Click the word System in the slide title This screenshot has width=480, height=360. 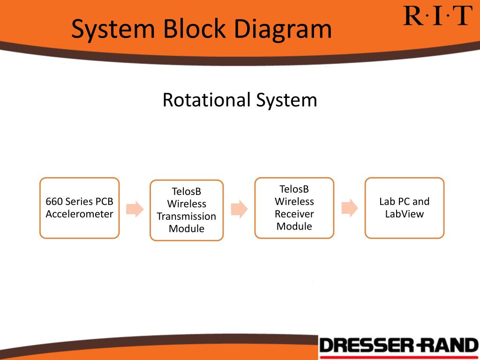coord(113,29)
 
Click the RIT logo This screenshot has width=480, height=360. coord(438,15)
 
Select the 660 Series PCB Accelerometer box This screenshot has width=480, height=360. coord(80,208)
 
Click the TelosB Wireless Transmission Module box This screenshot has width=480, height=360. coord(187,210)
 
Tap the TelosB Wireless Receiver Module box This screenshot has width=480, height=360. coord(294,208)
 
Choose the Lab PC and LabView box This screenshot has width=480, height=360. coord(405,208)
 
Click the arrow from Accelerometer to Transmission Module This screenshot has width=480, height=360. coord(135,210)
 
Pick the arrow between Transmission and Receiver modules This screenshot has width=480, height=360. coord(239,209)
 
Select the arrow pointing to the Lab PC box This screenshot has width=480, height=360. coord(350,208)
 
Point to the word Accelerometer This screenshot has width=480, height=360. coord(80,214)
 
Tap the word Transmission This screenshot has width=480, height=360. coord(187,217)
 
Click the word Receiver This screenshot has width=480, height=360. coord(294,214)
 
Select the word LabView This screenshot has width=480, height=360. coord(405,214)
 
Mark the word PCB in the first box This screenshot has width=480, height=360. coord(105,202)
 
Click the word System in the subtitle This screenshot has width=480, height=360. coord(286,101)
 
